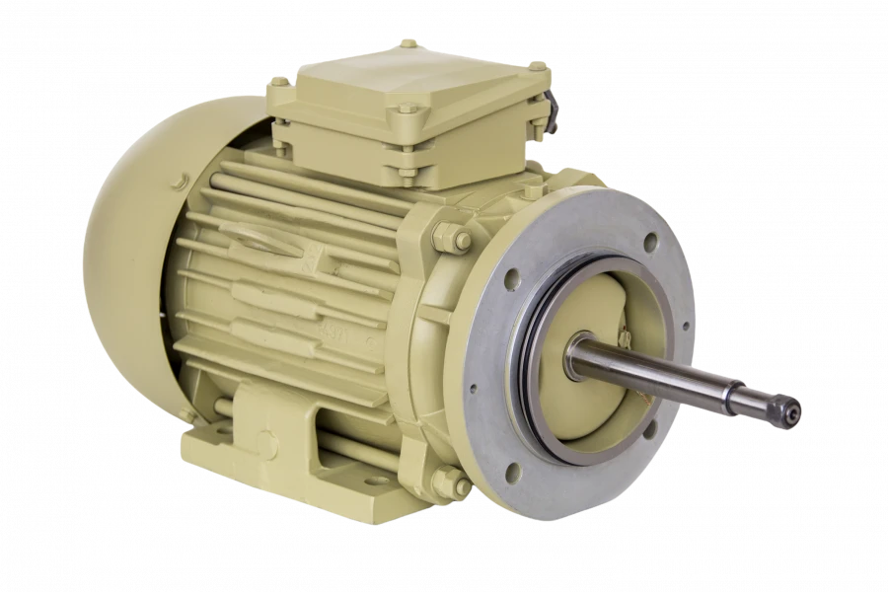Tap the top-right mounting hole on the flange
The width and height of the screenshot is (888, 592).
650,240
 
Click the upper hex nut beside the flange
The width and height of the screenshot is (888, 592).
453,239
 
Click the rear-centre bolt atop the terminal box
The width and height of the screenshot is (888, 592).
407,43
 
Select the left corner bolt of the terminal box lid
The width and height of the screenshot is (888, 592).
279,83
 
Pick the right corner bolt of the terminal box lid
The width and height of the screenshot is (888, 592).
538,66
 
